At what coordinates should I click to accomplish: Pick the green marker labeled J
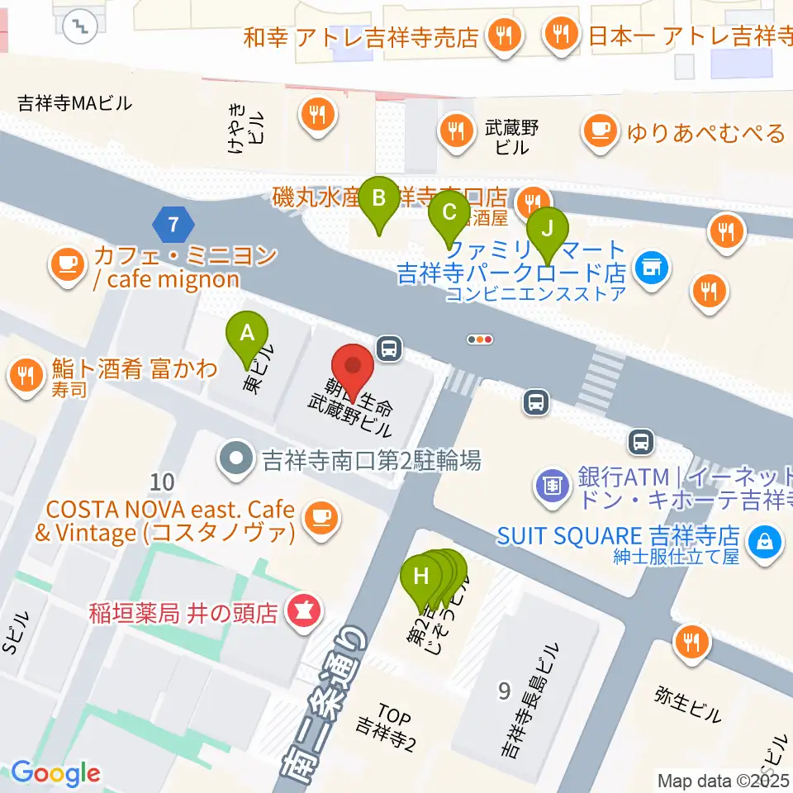(x=547, y=230)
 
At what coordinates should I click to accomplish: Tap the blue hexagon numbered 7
(x=173, y=224)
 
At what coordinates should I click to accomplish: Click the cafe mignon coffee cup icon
(x=68, y=264)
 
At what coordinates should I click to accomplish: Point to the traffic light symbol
(x=480, y=339)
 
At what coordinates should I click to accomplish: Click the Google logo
(x=55, y=773)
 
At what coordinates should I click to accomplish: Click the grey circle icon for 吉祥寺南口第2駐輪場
(x=236, y=458)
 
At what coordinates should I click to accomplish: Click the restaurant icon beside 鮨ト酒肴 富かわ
(x=27, y=377)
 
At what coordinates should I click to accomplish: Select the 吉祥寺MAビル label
(x=75, y=103)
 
